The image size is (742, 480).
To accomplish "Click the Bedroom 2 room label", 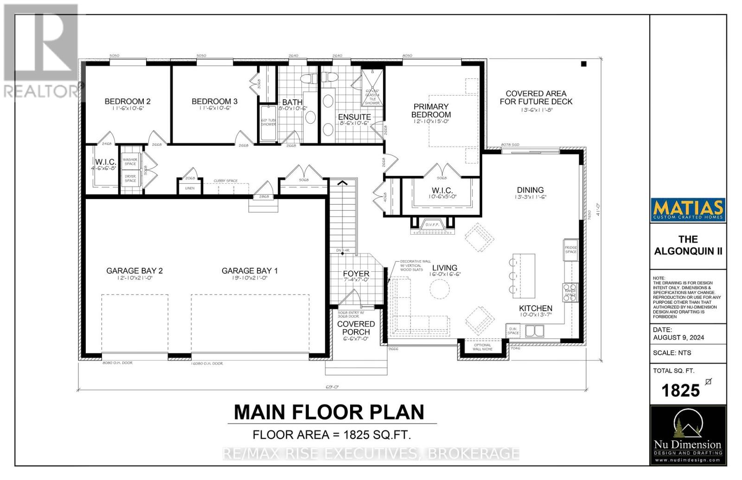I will [x=127, y=101].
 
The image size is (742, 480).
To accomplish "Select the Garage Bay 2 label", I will [x=134, y=271].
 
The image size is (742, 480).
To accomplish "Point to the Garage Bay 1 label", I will [x=249, y=271].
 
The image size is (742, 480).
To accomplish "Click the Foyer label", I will [x=356, y=274].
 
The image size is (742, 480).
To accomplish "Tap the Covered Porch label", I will [x=356, y=328].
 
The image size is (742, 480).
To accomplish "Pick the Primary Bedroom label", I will [x=431, y=110].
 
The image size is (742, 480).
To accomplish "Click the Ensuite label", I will [x=354, y=117].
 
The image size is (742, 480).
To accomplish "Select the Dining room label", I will [x=530, y=190].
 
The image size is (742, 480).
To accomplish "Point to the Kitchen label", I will [x=535, y=308].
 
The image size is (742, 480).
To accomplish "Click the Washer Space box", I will [x=130, y=161].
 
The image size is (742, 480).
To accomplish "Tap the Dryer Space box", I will [x=130, y=179].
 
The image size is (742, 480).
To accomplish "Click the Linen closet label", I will [x=190, y=188].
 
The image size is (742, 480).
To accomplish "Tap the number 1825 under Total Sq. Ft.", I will [x=680, y=390].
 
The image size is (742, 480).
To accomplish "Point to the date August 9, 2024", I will [x=678, y=337].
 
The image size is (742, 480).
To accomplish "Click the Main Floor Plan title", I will [x=329, y=412].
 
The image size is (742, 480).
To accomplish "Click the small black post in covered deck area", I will [x=584, y=64].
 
